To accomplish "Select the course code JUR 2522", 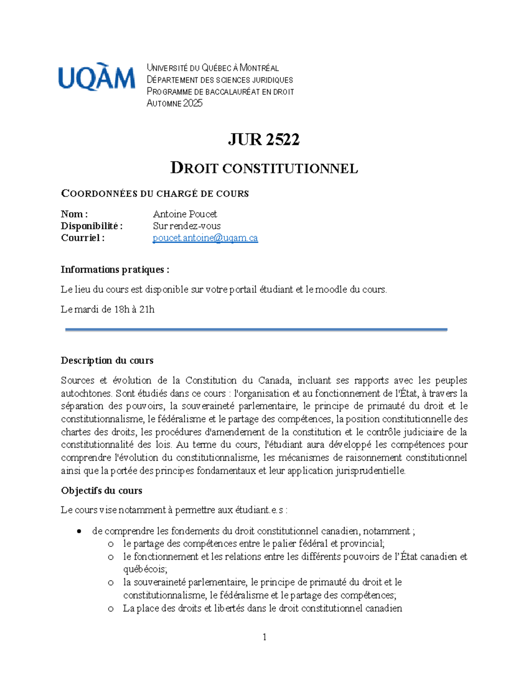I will coord(264,139).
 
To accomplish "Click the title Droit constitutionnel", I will coord(264,168).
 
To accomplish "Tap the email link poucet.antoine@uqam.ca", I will coord(205,238).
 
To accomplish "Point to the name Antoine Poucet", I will coord(185,214).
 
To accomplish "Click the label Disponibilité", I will coord(91,226).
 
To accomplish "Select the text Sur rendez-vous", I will coord(186,226).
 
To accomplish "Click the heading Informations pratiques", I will coord(115,270).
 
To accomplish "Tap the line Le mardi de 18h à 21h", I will coord(108,309).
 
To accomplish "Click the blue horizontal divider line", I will coord(256,329).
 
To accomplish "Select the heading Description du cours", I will coord(107,360).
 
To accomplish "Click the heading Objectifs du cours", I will coord(101,490).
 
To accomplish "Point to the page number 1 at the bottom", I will coord(264,636).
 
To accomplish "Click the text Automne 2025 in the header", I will coord(175,103).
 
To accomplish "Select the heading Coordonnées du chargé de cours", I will coord(155,194).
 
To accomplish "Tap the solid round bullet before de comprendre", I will coord(79,531).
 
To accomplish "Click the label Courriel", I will coord(82,238).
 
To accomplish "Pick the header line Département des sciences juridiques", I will coord(220,80).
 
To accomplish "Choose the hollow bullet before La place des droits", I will coord(111,609).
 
